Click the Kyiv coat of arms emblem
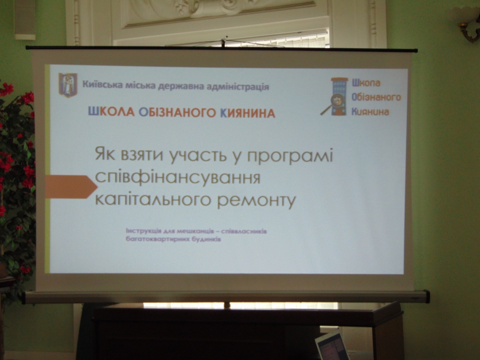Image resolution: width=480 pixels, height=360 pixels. tap(68, 85)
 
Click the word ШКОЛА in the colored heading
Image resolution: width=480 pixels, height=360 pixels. tap(111, 112)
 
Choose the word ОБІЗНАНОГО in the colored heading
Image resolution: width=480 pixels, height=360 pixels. tap(177, 113)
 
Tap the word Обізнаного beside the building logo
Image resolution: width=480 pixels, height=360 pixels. tap(376, 97)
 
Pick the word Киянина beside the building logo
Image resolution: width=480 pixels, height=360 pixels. tap(370, 111)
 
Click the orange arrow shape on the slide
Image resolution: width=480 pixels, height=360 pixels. tap(71, 186)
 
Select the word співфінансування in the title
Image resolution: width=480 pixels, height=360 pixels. tap(177, 178)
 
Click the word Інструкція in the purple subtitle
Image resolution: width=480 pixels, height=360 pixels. tap(143, 231)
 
